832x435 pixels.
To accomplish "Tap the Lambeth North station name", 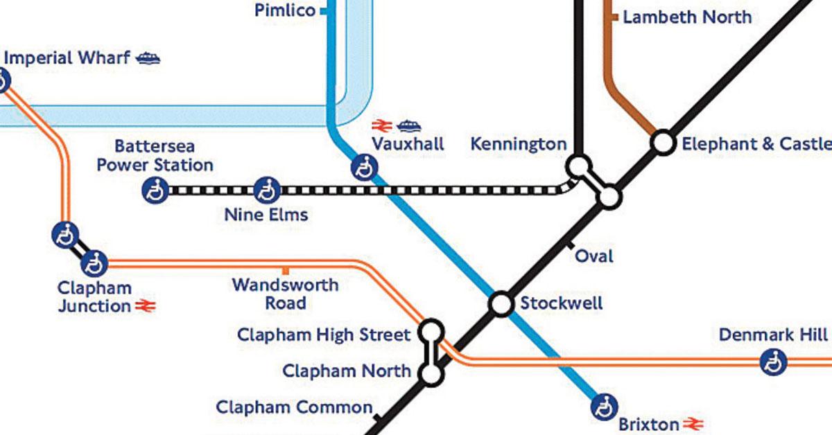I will pos(686,17).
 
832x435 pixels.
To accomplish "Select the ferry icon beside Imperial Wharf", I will pos(148,58).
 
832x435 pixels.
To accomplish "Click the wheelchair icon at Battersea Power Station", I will pos(155,190).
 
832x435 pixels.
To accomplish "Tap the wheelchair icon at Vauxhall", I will pos(363,168).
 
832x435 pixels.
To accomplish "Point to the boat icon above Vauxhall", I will pos(408,125).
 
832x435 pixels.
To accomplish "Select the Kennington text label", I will pos(518,144).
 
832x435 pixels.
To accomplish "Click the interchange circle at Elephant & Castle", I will pos(663,143).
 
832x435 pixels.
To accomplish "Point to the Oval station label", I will pos(594,256).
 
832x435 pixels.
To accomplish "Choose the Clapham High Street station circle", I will pos(431,330).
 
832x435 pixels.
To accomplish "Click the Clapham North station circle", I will pos(431,375).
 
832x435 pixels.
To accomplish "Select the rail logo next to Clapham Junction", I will pos(145,306).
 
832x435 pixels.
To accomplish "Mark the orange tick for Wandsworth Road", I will pos(285,270).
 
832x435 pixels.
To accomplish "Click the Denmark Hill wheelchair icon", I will pos(772,362).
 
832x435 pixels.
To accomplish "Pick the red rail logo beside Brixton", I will pos(693,424).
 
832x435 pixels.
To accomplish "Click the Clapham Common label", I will pos(294,407).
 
